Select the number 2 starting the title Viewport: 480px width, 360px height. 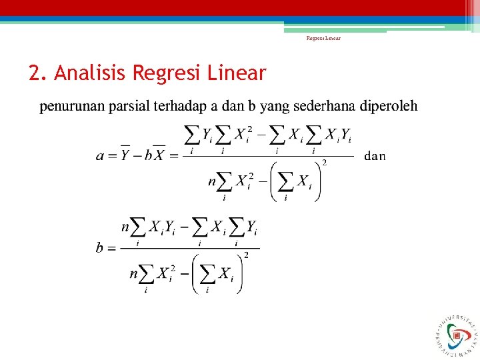pyautogui.click(x=35, y=73)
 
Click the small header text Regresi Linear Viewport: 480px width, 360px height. pyautogui.click(x=323, y=39)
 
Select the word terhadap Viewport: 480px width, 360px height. pyautogui.click(x=176, y=106)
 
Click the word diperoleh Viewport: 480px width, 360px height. pyautogui.click(x=389, y=106)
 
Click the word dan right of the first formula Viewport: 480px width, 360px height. pyautogui.click(x=375, y=157)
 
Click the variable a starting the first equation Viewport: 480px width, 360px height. pyautogui.click(x=101, y=157)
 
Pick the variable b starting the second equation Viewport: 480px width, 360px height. pyautogui.click(x=100, y=248)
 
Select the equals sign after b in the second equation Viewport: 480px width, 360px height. pyautogui.click(x=111, y=248)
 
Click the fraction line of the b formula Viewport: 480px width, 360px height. pyautogui.click(x=189, y=248)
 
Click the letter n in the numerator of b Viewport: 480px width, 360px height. pyautogui.click(x=125, y=229)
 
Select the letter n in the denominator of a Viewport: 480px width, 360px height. pyautogui.click(x=213, y=180)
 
